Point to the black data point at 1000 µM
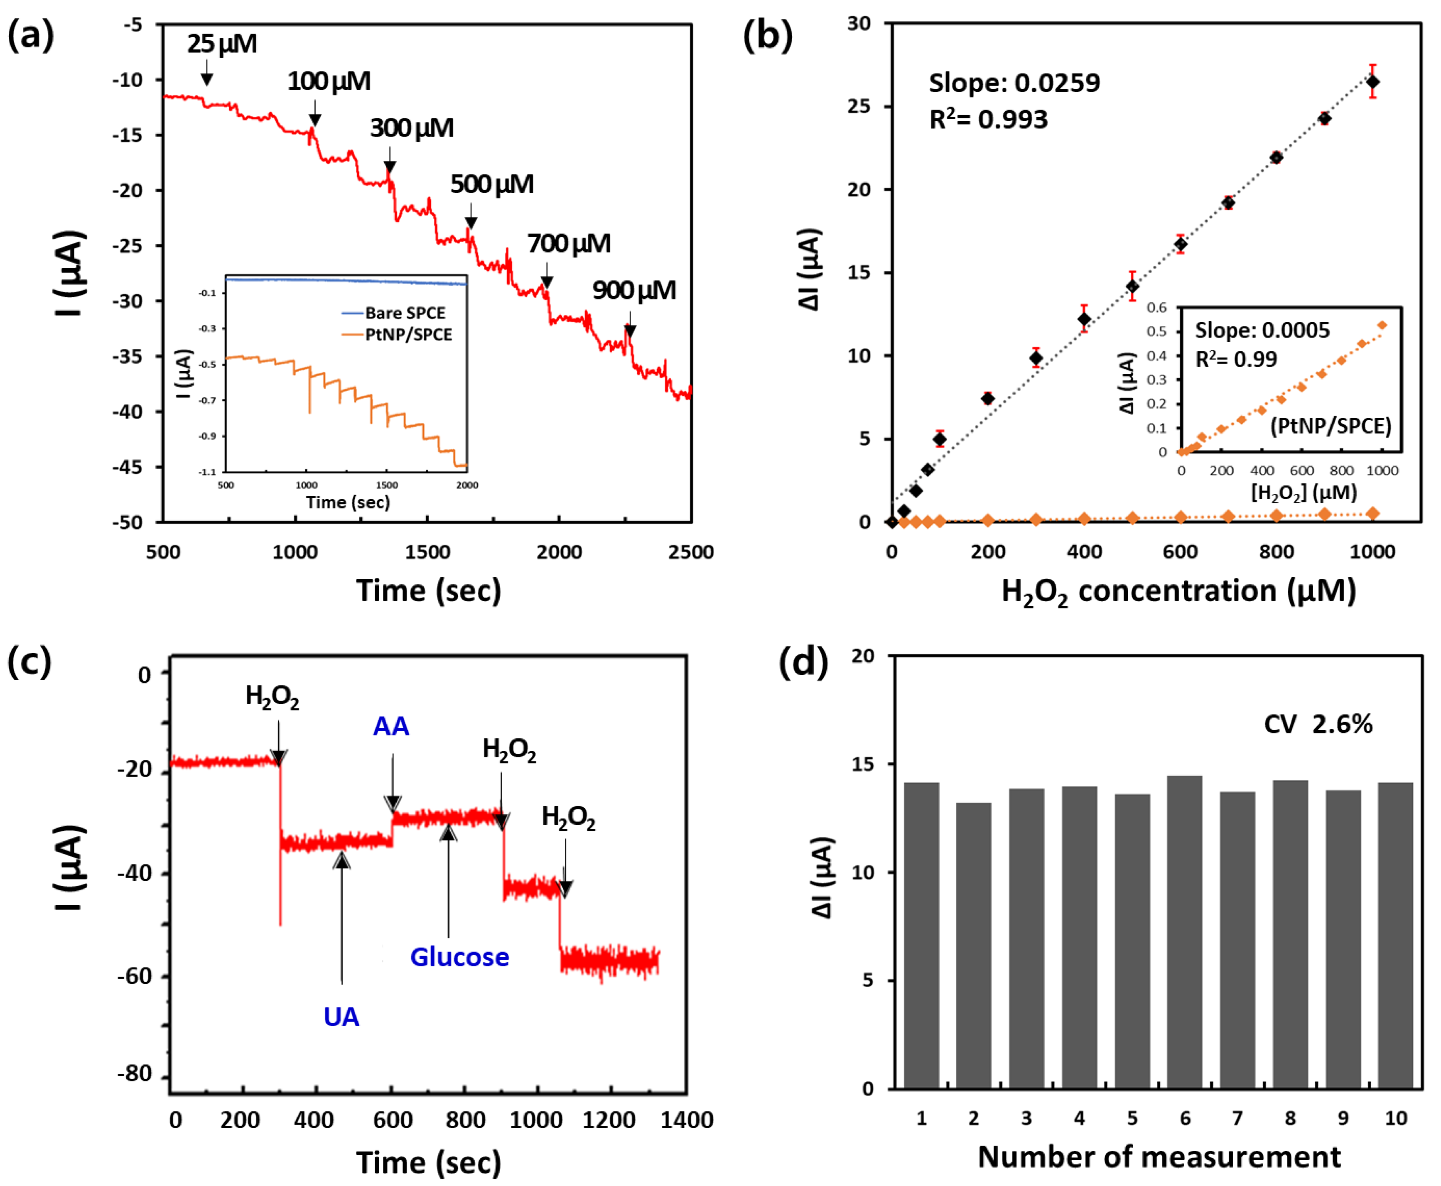[x=1372, y=82]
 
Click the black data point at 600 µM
[x=1180, y=244]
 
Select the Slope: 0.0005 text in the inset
[x=1262, y=331]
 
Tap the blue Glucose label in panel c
[x=459, y=957]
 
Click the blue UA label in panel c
[x=341, y=1017]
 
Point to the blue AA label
[x=391, y=726]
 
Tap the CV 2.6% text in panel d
[x=1317, y=724]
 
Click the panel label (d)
[x=803, y=662]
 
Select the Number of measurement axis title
[x=1159, y=1157]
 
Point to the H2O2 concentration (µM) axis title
[x=1178, y=592]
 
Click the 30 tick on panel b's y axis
[x=859, y=24]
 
